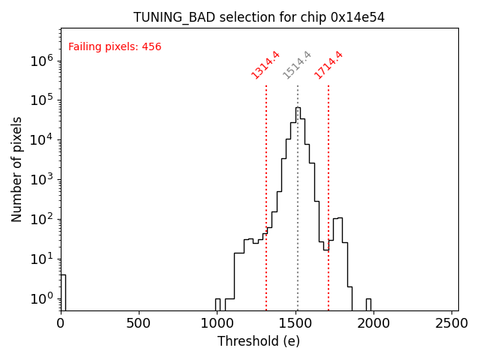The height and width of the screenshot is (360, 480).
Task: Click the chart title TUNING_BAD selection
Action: coord(259,17)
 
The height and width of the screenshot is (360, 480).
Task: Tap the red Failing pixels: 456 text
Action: coord(115,47)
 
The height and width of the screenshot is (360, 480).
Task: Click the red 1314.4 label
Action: coord(265,64)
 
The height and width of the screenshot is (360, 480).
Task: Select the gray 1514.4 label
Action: coord(297,64)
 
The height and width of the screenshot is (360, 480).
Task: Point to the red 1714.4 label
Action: coord(328,64)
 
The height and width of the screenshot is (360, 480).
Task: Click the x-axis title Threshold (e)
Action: coord(259,341)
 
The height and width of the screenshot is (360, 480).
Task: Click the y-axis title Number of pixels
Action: coord(17,169)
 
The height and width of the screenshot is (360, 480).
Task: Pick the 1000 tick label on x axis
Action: coord(217,323)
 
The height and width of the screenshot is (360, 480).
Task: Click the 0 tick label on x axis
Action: coord(61,323)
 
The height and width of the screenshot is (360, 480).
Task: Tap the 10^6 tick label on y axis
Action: coord(41,61)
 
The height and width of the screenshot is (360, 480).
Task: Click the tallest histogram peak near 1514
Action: coord(298,109)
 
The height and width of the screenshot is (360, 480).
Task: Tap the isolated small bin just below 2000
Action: coord(368,304)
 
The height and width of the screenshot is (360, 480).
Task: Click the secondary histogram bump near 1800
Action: coord(337,221)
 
